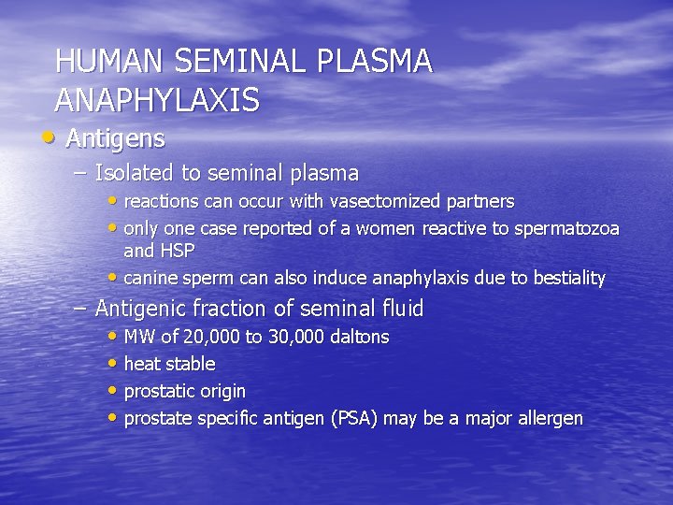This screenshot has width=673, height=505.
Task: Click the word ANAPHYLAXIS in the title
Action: tap(157, 99)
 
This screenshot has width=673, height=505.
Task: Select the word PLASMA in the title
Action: tap(375, 62)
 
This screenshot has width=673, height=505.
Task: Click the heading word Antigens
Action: tap(116, 139)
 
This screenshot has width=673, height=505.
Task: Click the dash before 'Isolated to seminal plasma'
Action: tap(80, 173)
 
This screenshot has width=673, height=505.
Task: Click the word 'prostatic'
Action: tap(160, 392)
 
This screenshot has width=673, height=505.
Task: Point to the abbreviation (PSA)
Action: tap(353, 419)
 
